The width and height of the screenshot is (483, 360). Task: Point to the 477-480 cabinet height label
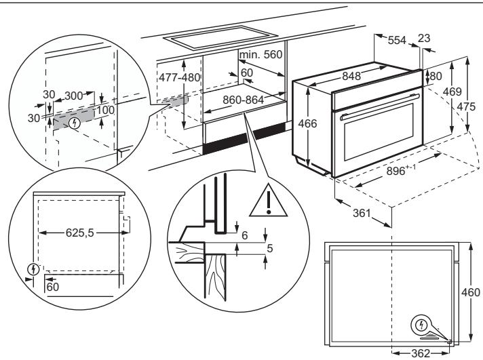180,77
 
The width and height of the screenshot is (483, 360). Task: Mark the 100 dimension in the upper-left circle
106,110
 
